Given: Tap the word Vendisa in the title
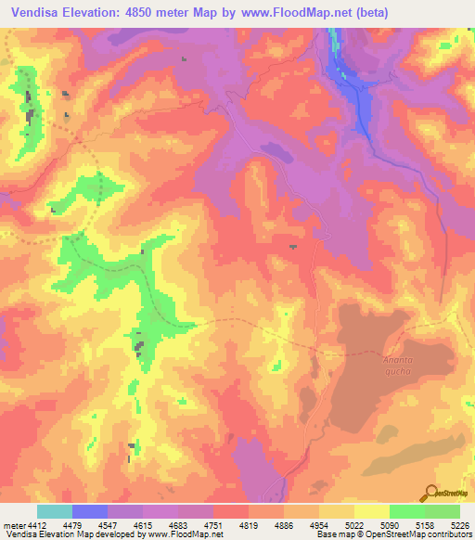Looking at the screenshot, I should coord(38,12).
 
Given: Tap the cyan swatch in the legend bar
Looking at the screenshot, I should coord(54,512).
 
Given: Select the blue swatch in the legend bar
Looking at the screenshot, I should coord(90,512).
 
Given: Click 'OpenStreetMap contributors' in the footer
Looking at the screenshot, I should coord(422,535).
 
